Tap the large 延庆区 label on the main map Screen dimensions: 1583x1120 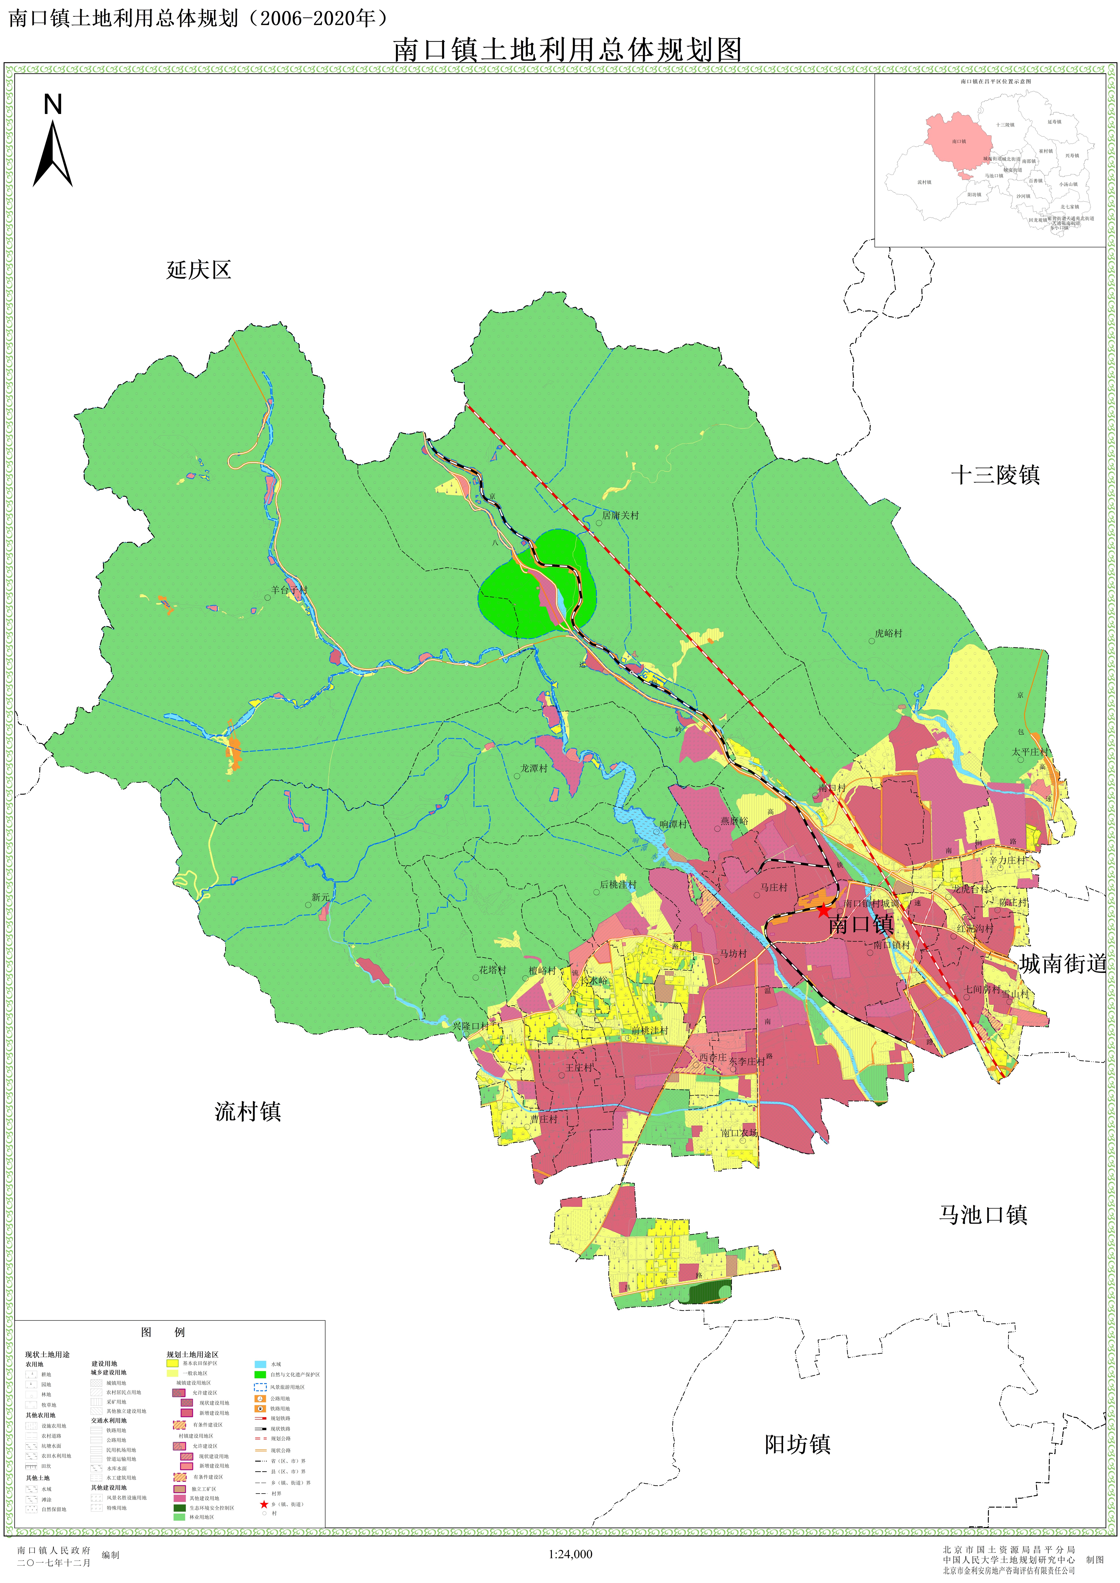(199, 270)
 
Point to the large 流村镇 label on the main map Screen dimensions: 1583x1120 (248, 1111)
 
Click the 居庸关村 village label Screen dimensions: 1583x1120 (620, 515)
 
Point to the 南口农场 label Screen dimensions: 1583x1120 (739, 1133)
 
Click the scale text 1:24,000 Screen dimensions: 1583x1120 (570, 1554)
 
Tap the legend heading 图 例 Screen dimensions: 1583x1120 (163, 1332)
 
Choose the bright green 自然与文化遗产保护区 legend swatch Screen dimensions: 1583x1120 (260, 1374)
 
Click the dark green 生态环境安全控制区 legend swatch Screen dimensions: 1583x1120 (179, 1508)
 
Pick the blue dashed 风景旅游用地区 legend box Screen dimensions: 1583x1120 (260, 1387)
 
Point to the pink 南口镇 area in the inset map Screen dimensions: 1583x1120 (959, 138)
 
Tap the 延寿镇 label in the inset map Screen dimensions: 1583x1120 (1055, 122)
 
